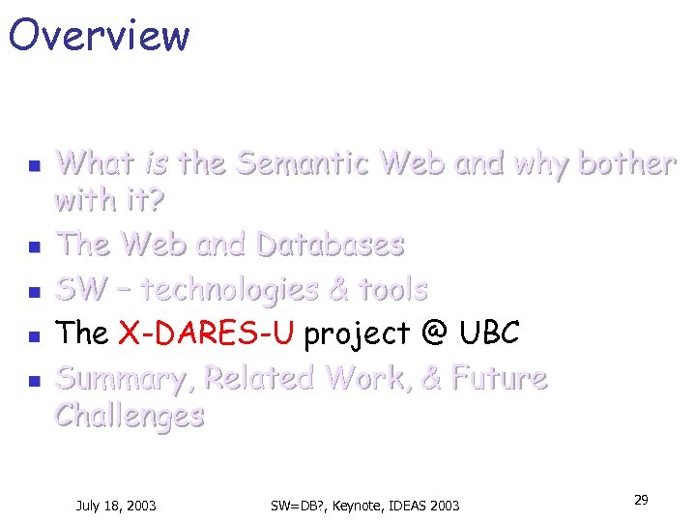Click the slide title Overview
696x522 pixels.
click(99, 36)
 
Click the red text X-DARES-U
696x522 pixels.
click(206, 333)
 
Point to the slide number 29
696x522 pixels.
click(640, 500)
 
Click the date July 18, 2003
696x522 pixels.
click(116, 506)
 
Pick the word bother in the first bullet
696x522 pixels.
click(625, 164)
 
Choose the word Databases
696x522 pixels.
click(329, 245)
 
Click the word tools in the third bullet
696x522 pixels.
click(392, 289)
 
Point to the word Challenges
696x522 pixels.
click(130, 416)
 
